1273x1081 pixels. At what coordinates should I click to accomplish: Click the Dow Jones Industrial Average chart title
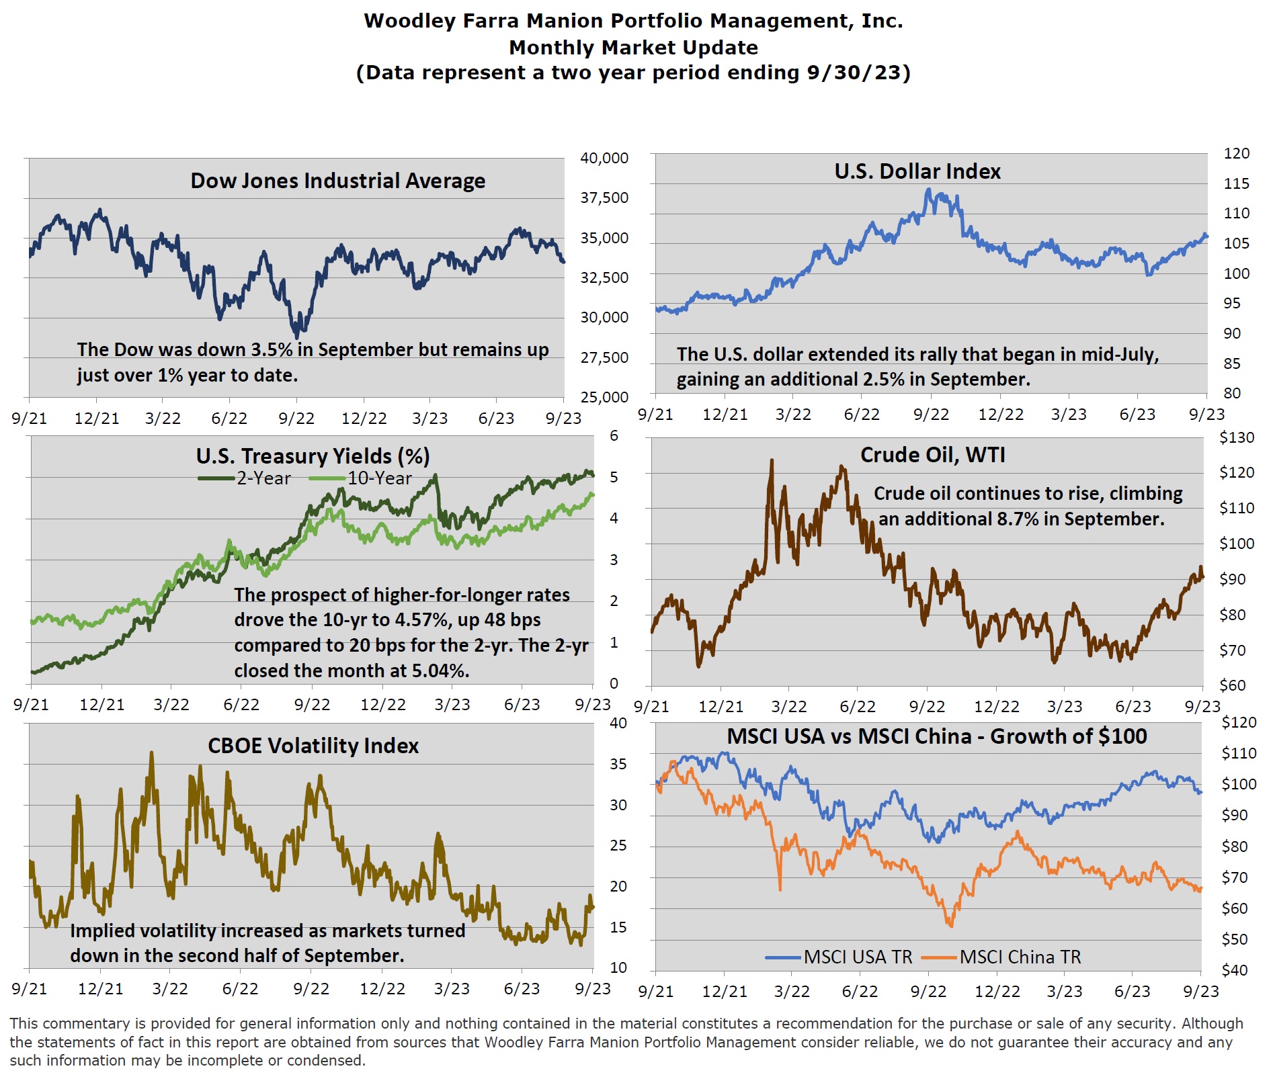click(337, 181)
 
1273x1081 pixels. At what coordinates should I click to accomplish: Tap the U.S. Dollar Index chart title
click(917, 171)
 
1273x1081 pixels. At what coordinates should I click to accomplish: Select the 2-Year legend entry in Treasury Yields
click(245, 478)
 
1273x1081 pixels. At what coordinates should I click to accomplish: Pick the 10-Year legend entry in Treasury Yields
click(361, 478)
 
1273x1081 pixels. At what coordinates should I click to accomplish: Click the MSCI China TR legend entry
click(1002, 957)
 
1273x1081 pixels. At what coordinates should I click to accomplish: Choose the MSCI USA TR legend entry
click(839, 957)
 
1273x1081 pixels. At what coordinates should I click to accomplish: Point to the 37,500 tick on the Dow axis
click(604, 198)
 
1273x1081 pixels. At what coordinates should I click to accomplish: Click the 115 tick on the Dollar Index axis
click(1236, 183)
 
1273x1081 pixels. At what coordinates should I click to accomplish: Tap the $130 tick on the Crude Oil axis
click(1237, 437)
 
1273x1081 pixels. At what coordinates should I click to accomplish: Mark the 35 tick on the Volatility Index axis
click(618, 764)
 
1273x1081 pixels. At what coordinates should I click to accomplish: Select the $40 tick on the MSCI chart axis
click(1234, 970)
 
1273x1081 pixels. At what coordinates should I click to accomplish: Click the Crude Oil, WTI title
click(932, 455)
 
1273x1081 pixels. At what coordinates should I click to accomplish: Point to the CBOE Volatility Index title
click(313, 746)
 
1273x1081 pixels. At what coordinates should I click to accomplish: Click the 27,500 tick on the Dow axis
click(604, 357)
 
